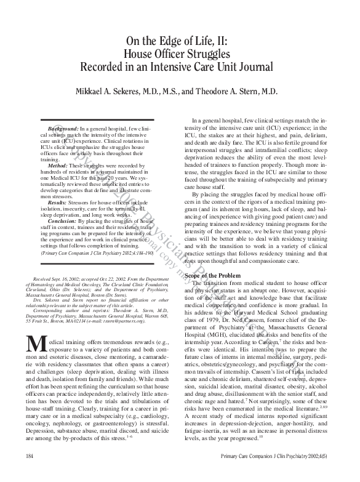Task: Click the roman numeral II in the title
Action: tap(220, 42)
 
